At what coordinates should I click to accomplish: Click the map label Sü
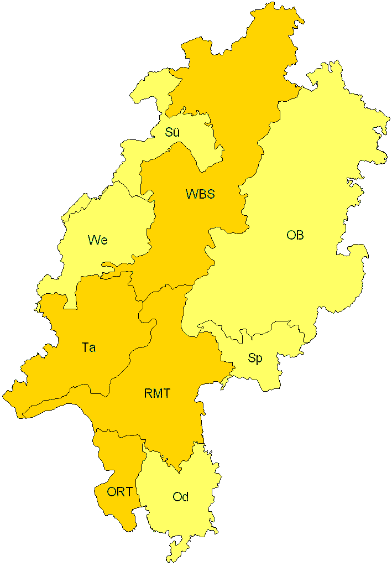click(173, 132)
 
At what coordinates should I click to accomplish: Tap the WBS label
click(200, 194)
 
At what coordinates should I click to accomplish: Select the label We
click(97, 240)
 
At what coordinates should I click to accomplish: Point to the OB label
click(295, 235)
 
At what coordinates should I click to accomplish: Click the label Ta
click(88, 347)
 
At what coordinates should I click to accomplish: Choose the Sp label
click(255, 359)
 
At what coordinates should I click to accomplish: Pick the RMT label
click(157, 394)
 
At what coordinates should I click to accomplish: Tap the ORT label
click(119, 491)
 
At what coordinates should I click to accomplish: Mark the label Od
click(181, 497)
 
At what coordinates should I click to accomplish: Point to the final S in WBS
click(210, 194)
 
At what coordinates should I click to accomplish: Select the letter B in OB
click(300, 235)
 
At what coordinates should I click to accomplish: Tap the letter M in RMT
click(157, 394)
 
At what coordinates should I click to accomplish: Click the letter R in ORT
click(120, 491)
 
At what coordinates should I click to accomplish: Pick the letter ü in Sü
click(176, 133)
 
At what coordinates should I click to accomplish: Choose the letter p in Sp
click(259, 360)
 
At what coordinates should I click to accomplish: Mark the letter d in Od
click(185, 497)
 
